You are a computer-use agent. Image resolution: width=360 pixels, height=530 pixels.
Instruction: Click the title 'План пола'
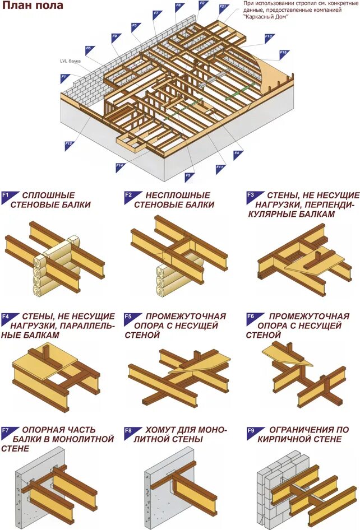pos(33,6)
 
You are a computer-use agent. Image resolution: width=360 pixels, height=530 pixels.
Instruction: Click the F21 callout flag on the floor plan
pos(223,8)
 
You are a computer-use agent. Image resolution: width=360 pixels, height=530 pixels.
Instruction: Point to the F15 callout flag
pos(283,54)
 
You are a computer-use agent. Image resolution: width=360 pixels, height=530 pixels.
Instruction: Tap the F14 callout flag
pos(119,166)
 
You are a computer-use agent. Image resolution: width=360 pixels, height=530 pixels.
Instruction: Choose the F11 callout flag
pos(220,167)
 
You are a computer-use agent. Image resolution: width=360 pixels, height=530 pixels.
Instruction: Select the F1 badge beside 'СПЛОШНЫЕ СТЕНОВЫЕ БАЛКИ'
pos(6,196)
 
